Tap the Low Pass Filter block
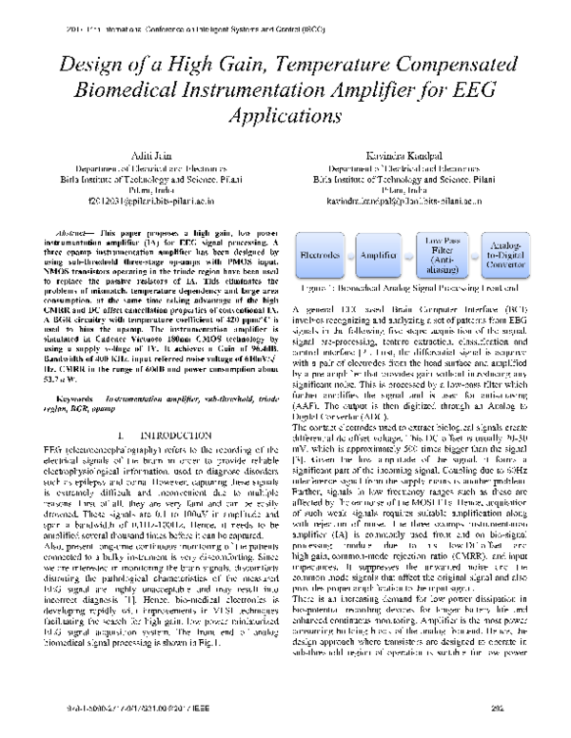point(445,255)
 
